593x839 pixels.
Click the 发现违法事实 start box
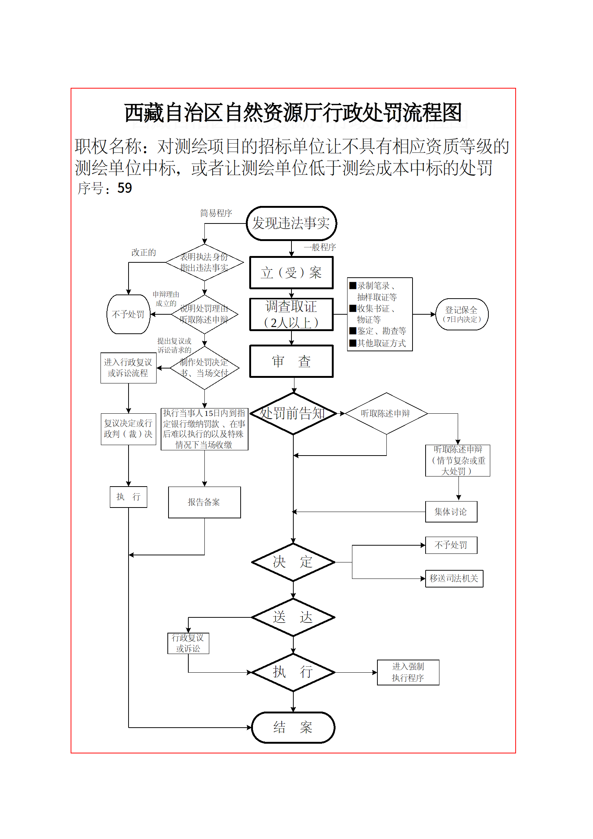pyautogui.click(x=291, y=223)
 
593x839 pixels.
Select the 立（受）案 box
pyautogui.click(x=291, y=273)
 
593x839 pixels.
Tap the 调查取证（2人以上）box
pyautogui.click(x=291, y=314)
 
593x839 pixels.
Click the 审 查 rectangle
pyautogui.click(x=291, y=361)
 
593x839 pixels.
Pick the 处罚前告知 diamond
pyautogui.click(x=293, y=413)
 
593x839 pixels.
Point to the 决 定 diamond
pyautogui.click(x=293, y=562)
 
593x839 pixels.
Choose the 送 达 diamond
pyautogui.click(x=293, y=617)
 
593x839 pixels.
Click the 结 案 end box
pyautogui.click(x=293, y=727)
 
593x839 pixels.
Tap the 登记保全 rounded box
pyautogui.click(x=462, y=314)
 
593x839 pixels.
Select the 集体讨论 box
pyautogui.click(x=451, y=512)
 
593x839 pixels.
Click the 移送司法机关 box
pyautogui.click(x=454, y=579)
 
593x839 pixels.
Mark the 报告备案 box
pyautogui.click(x=204, y=502)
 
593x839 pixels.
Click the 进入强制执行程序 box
pyautogui.click(x=408, y=672)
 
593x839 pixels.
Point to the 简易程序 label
pyautogui.click(x=216, y=213)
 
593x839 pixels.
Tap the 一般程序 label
pyautogui.click(x=320, y=247)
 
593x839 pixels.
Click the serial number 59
pyautogui.click(x=124, y=188)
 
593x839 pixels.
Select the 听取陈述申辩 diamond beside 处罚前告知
pyautogui.click(x=386, y=413)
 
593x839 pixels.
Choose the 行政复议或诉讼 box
pyautogui.click(x=188, y=643)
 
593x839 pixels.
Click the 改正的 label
pyautogui.click(x=143, y=253)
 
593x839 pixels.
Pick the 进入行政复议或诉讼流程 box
pyautogui.click(x=128, y=368)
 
